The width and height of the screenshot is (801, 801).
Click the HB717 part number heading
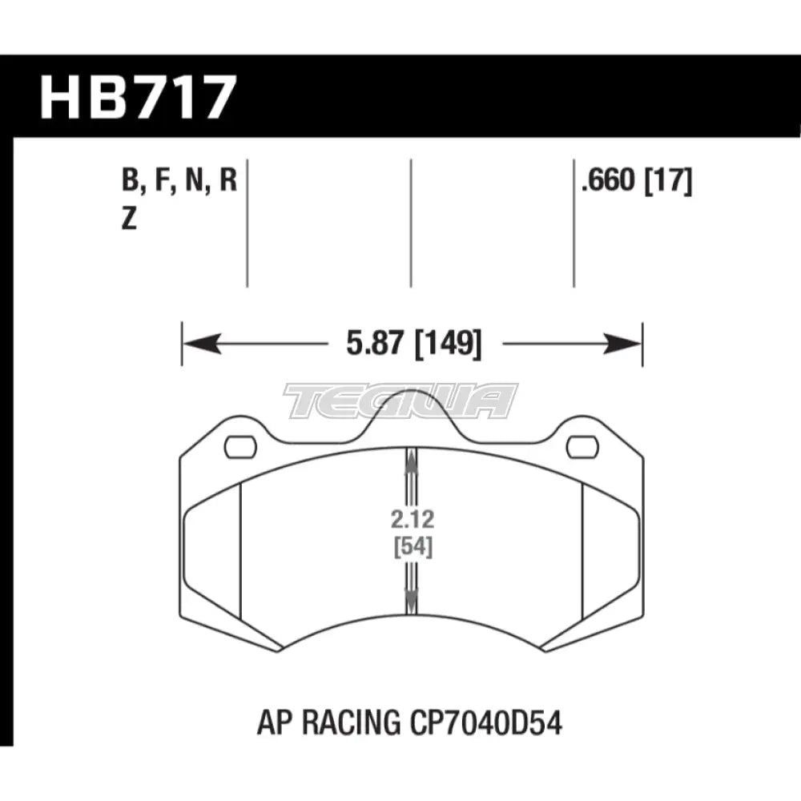[x=139, y=97]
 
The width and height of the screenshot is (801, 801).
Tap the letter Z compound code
[x=129, y=219]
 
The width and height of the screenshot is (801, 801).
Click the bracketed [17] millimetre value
[x=669, y=181]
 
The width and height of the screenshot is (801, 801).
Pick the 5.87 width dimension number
[x=375, y=343]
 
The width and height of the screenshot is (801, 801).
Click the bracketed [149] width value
[x=448, y=344]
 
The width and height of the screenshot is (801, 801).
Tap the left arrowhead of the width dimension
[x=203, y=344]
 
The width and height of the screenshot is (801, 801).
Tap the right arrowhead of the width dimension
[x=622, y=344]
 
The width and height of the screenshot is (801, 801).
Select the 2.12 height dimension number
[x=413, y=520]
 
